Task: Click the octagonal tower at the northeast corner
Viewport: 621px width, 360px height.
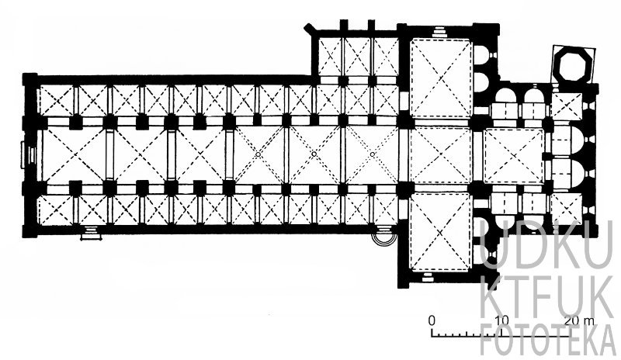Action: point(574,64)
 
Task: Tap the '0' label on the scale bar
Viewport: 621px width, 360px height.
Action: point(432,320)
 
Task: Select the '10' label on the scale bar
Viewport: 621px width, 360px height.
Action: point(501,320)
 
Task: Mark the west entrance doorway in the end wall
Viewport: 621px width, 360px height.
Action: point(29,154)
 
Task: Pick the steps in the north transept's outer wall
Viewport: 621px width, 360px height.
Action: point(439,32)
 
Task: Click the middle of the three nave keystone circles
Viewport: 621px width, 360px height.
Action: point(314,154)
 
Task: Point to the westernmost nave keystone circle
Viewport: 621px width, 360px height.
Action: point(258,154)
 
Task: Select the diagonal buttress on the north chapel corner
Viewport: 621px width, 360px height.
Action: point(309,29)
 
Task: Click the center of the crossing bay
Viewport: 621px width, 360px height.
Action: point(440,154)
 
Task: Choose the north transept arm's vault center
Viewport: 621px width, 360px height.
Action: point(441,78)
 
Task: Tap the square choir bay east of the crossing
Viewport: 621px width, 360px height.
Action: point(514,156)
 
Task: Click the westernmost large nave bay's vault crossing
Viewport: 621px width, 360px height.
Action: point(74,154)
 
